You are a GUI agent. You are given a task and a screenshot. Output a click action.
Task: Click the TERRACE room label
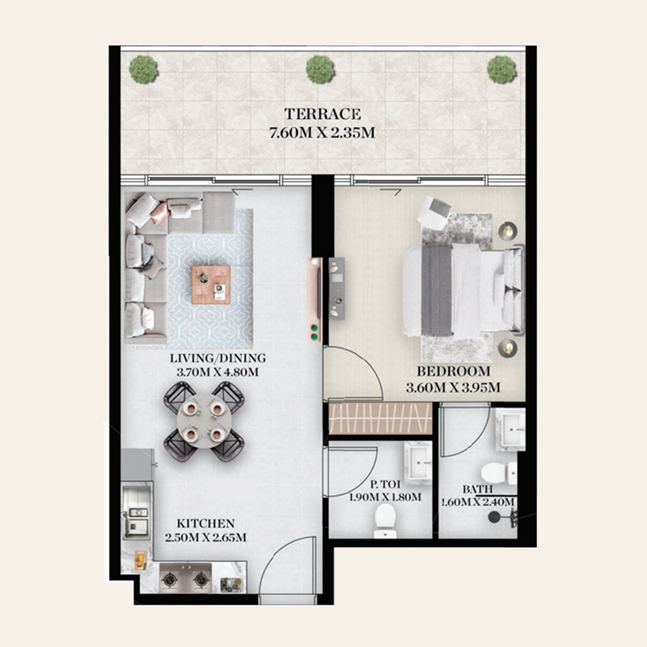[x=322, y=114]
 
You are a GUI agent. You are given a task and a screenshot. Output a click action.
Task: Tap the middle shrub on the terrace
[x=320, y=69]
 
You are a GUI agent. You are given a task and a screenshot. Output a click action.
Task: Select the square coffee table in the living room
[x=211, y=285]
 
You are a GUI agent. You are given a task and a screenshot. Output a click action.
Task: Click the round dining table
[x=204, y=421]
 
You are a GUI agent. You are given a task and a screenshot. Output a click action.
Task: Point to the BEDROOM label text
[x=454, y=371]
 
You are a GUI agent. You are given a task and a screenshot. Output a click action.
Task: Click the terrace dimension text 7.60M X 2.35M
[x=322, y=133]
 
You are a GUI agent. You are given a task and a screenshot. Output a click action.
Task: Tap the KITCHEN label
[x=205, y=523]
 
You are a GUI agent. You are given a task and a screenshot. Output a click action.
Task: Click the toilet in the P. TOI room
[x=386, y=521]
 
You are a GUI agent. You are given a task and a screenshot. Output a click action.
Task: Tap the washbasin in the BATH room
[x=510, y=429]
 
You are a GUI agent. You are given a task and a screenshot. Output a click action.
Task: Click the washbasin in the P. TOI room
[x=418, y=462]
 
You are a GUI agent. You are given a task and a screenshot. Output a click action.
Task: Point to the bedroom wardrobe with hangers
[x=380, y=418]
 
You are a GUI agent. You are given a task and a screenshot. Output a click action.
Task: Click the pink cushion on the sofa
[x=159, y=213]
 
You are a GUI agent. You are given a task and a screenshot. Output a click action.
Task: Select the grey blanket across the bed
[x=437, y=290]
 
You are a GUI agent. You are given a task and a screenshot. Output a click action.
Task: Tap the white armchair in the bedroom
[x=434, y=210]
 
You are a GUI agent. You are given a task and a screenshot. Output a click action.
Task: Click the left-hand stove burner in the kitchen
[x=170, y=579]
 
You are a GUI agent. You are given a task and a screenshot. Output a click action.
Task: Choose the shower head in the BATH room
[x=493, y=517]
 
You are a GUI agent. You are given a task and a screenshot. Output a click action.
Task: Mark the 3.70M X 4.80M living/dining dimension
[x=218, y=372]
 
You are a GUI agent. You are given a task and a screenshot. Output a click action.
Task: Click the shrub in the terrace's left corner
[x=143, y=70]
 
